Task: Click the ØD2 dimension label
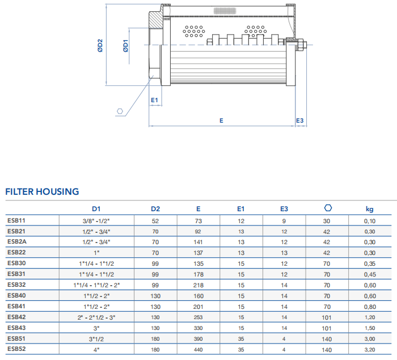click(x=100, y=45)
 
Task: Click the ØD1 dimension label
click(x=125, y=45)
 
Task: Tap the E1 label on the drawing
click(x=154, y=100)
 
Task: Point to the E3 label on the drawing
click(x=300, y=120)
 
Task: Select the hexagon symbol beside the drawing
click(x=120, y=111)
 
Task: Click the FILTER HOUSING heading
click(x=42, y=191)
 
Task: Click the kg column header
click(x=369, y=210)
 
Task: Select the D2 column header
click(x=155, y=210)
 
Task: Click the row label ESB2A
click(x=18, y=242)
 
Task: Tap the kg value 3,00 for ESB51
click(x=369, y=339)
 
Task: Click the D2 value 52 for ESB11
click(x=155, y=221)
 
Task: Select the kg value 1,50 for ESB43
click(x=369, y=328)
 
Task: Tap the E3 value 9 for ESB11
click(x=284, y=221)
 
